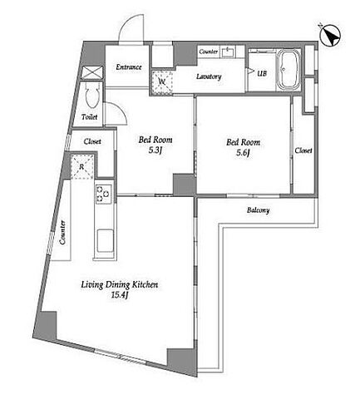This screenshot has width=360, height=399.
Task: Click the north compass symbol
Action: click(330, 37)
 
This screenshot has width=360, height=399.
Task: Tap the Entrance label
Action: click(129, 67)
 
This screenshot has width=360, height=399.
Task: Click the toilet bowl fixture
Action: click(91, 96)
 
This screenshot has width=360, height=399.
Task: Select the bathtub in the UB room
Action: click(288, 70)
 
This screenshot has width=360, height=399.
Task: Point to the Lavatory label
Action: click(209, 76)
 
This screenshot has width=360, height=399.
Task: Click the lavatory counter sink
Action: click(228, 52)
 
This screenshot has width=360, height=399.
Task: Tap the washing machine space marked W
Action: click(162, 81)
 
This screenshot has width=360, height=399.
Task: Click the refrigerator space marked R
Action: click(81, 167)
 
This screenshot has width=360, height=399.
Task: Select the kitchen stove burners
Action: click(103, 194)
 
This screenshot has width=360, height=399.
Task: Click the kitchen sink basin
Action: click(105, 240)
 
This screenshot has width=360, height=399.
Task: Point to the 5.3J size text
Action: click(155, 150)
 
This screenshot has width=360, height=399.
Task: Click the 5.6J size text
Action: click(244, 153)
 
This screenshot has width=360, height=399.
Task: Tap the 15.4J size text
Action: click(119, 295)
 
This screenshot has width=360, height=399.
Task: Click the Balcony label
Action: click(258, 210)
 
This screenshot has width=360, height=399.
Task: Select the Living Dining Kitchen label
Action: click(120, 285)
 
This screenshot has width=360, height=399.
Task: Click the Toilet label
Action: click(90, 117)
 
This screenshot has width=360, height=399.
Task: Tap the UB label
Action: click(262, 73)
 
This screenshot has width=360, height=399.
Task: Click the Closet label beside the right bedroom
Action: click(303, 150)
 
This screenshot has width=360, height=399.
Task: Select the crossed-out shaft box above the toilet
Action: click(93, 73)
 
